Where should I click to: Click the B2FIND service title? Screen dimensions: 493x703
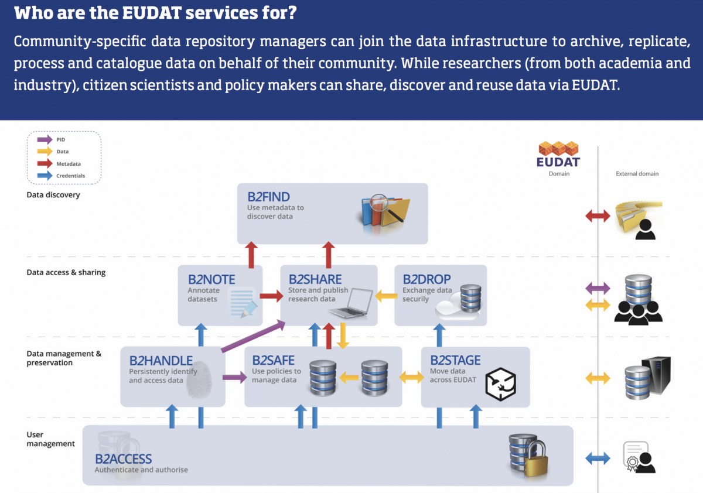point(268,197)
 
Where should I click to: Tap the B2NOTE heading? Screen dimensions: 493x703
point(211,279)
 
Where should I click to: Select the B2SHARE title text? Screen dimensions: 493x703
point(315,279)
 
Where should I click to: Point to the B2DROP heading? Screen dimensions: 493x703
point(426,279)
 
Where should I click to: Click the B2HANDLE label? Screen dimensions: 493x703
point(161,360)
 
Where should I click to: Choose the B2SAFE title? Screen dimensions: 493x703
point(274,360)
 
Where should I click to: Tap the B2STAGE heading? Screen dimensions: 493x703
point(455,360)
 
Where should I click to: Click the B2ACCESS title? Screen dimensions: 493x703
point(124,459)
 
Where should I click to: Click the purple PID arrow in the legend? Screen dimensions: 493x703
point(45,139)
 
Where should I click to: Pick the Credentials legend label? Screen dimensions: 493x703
point(70,176)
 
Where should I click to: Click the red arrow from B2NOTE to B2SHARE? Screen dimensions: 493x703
point(271,296)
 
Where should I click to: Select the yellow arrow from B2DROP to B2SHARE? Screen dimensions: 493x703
point(385,296)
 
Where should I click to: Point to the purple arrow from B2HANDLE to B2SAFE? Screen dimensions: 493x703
point(235,378)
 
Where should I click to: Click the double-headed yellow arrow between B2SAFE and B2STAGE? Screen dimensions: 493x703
point(412,378)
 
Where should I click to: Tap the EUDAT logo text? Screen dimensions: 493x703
point(558,162)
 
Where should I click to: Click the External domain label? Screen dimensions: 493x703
point(637,174)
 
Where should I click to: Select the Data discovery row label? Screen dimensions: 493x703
point(53,195)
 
